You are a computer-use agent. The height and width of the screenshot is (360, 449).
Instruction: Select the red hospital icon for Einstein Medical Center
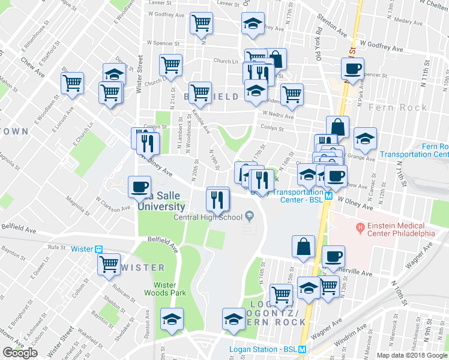tap(360, 227)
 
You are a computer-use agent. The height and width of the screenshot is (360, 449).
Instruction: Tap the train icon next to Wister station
tap(100, 248)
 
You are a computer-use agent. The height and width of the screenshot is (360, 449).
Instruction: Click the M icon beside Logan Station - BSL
tap(303, 350)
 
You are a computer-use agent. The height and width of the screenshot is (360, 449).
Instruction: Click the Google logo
tap(20, 353)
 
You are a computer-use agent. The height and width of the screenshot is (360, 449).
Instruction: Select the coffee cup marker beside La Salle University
tap(139, 186)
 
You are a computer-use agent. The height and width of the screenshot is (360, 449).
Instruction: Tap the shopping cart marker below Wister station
tap(109, 264)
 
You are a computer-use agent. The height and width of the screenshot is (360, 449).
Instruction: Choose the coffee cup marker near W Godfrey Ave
tap(352, 68)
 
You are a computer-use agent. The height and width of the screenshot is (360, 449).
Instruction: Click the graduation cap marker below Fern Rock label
tap(365, 139)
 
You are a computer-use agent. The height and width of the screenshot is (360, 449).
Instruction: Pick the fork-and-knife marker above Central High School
tap(218, 199)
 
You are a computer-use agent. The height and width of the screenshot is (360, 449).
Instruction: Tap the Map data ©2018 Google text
tap(411, 355)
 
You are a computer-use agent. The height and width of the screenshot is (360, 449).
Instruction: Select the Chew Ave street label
tap(33, 67)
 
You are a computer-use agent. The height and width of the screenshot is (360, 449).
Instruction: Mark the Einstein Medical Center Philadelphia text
tap(401, 229)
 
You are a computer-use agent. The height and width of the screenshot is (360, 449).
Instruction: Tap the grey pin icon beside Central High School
tap(249, 217)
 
